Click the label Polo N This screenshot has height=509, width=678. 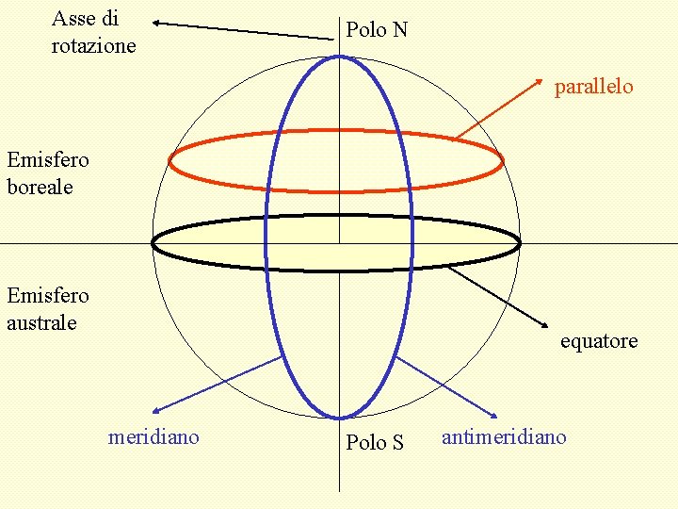click(x=377, y=30)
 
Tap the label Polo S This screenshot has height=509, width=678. click(x=375, y=442)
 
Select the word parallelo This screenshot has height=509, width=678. click(x=593, y=87)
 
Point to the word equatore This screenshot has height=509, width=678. click(x=599, y=341)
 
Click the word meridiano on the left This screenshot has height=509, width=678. click(x=153, y=436)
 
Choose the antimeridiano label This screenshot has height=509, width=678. click(x=504, y=436)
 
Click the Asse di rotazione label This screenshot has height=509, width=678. click(x=93, y=32)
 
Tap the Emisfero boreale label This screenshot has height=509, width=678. click(x=47, y=173)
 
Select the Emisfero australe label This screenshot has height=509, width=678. click(x=47, y=309)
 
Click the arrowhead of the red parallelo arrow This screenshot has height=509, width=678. click(x=546, y=73)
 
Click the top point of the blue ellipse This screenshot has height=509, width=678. click(x=340, y=55)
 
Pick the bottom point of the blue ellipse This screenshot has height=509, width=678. click(x=340, y=418)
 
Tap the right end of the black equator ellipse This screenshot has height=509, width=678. click(x=520, y=243)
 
